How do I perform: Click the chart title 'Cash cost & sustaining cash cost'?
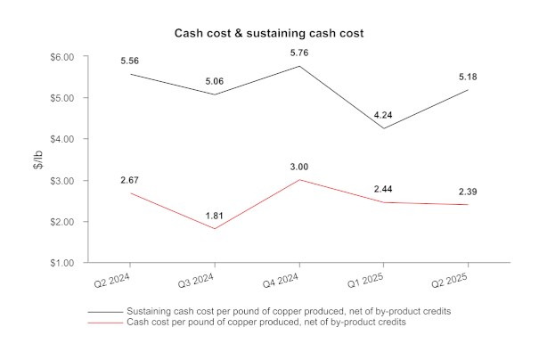click(268, 33)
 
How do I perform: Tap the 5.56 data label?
click(130, 61)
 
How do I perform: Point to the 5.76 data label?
click(298, 53)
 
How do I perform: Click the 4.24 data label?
click(383, 115)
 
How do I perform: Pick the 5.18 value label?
click(467, 76)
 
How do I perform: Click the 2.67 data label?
click(130, 180)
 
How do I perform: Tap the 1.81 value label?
click(214, 215)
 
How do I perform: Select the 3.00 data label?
click(298, 166)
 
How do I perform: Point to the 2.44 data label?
click(383, 189)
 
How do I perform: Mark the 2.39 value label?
click(467, 191)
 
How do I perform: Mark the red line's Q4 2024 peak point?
click(298, 179)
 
